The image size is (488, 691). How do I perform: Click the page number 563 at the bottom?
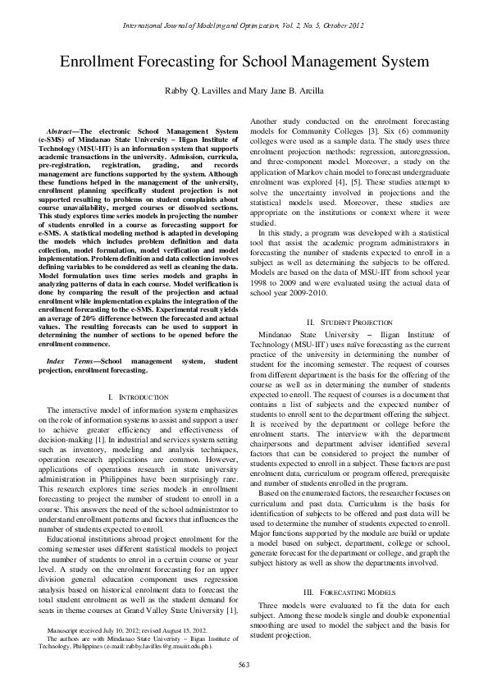[x=244, y=663]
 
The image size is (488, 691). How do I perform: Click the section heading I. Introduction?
[x=139, y=396]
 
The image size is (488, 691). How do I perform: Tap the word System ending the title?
[x=407, y=64]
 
